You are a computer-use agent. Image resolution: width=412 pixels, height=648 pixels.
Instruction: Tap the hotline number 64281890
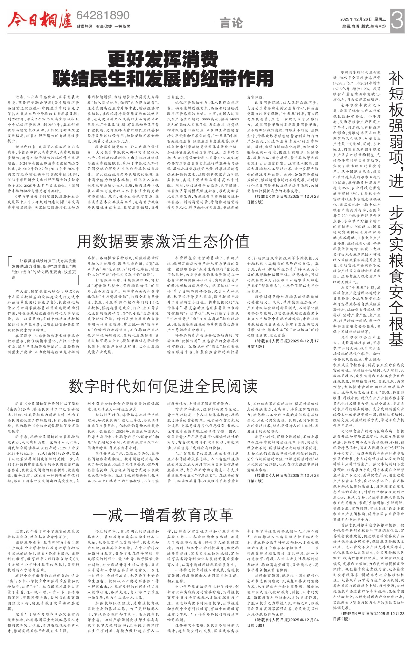tap(103, 15)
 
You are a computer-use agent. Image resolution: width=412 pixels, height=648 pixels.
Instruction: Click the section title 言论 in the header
tap(231, 23)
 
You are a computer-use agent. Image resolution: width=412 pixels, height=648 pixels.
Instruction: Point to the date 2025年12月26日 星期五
tap(363, 19)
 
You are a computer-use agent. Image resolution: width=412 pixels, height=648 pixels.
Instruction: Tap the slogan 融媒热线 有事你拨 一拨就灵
tap(103, 26)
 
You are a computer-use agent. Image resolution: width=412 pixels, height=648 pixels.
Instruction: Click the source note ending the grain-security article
tap(368, 616)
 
